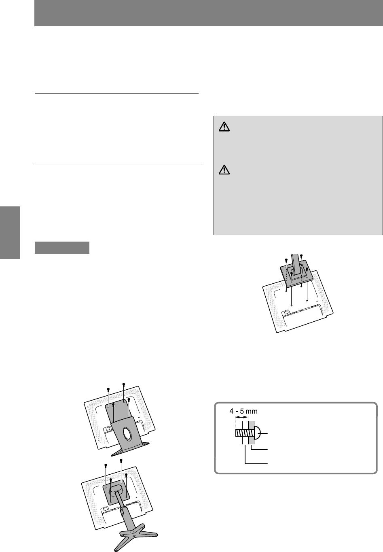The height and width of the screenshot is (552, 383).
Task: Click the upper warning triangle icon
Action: click(224, 127)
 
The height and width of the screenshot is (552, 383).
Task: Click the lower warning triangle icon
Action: click(224, 170)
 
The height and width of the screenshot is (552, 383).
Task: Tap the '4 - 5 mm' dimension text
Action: click(243, 411)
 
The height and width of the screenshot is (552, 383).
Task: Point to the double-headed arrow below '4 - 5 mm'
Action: click(241, 417)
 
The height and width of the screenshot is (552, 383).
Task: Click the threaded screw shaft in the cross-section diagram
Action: click(242, 433)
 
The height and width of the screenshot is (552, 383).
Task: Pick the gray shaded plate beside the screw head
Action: click(251, 433)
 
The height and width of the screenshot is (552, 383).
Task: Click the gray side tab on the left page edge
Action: click(10, 233)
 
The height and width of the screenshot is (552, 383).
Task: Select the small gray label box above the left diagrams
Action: click(62, 248)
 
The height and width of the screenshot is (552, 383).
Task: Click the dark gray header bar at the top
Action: click(208, 13)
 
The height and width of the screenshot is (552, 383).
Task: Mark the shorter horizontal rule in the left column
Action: click(116, 93)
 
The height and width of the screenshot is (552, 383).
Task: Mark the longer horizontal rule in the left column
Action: click(118, 164)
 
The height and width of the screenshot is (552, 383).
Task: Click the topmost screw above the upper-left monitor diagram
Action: click(124, 385)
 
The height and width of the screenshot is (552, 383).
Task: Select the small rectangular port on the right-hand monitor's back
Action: click(286, 312)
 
